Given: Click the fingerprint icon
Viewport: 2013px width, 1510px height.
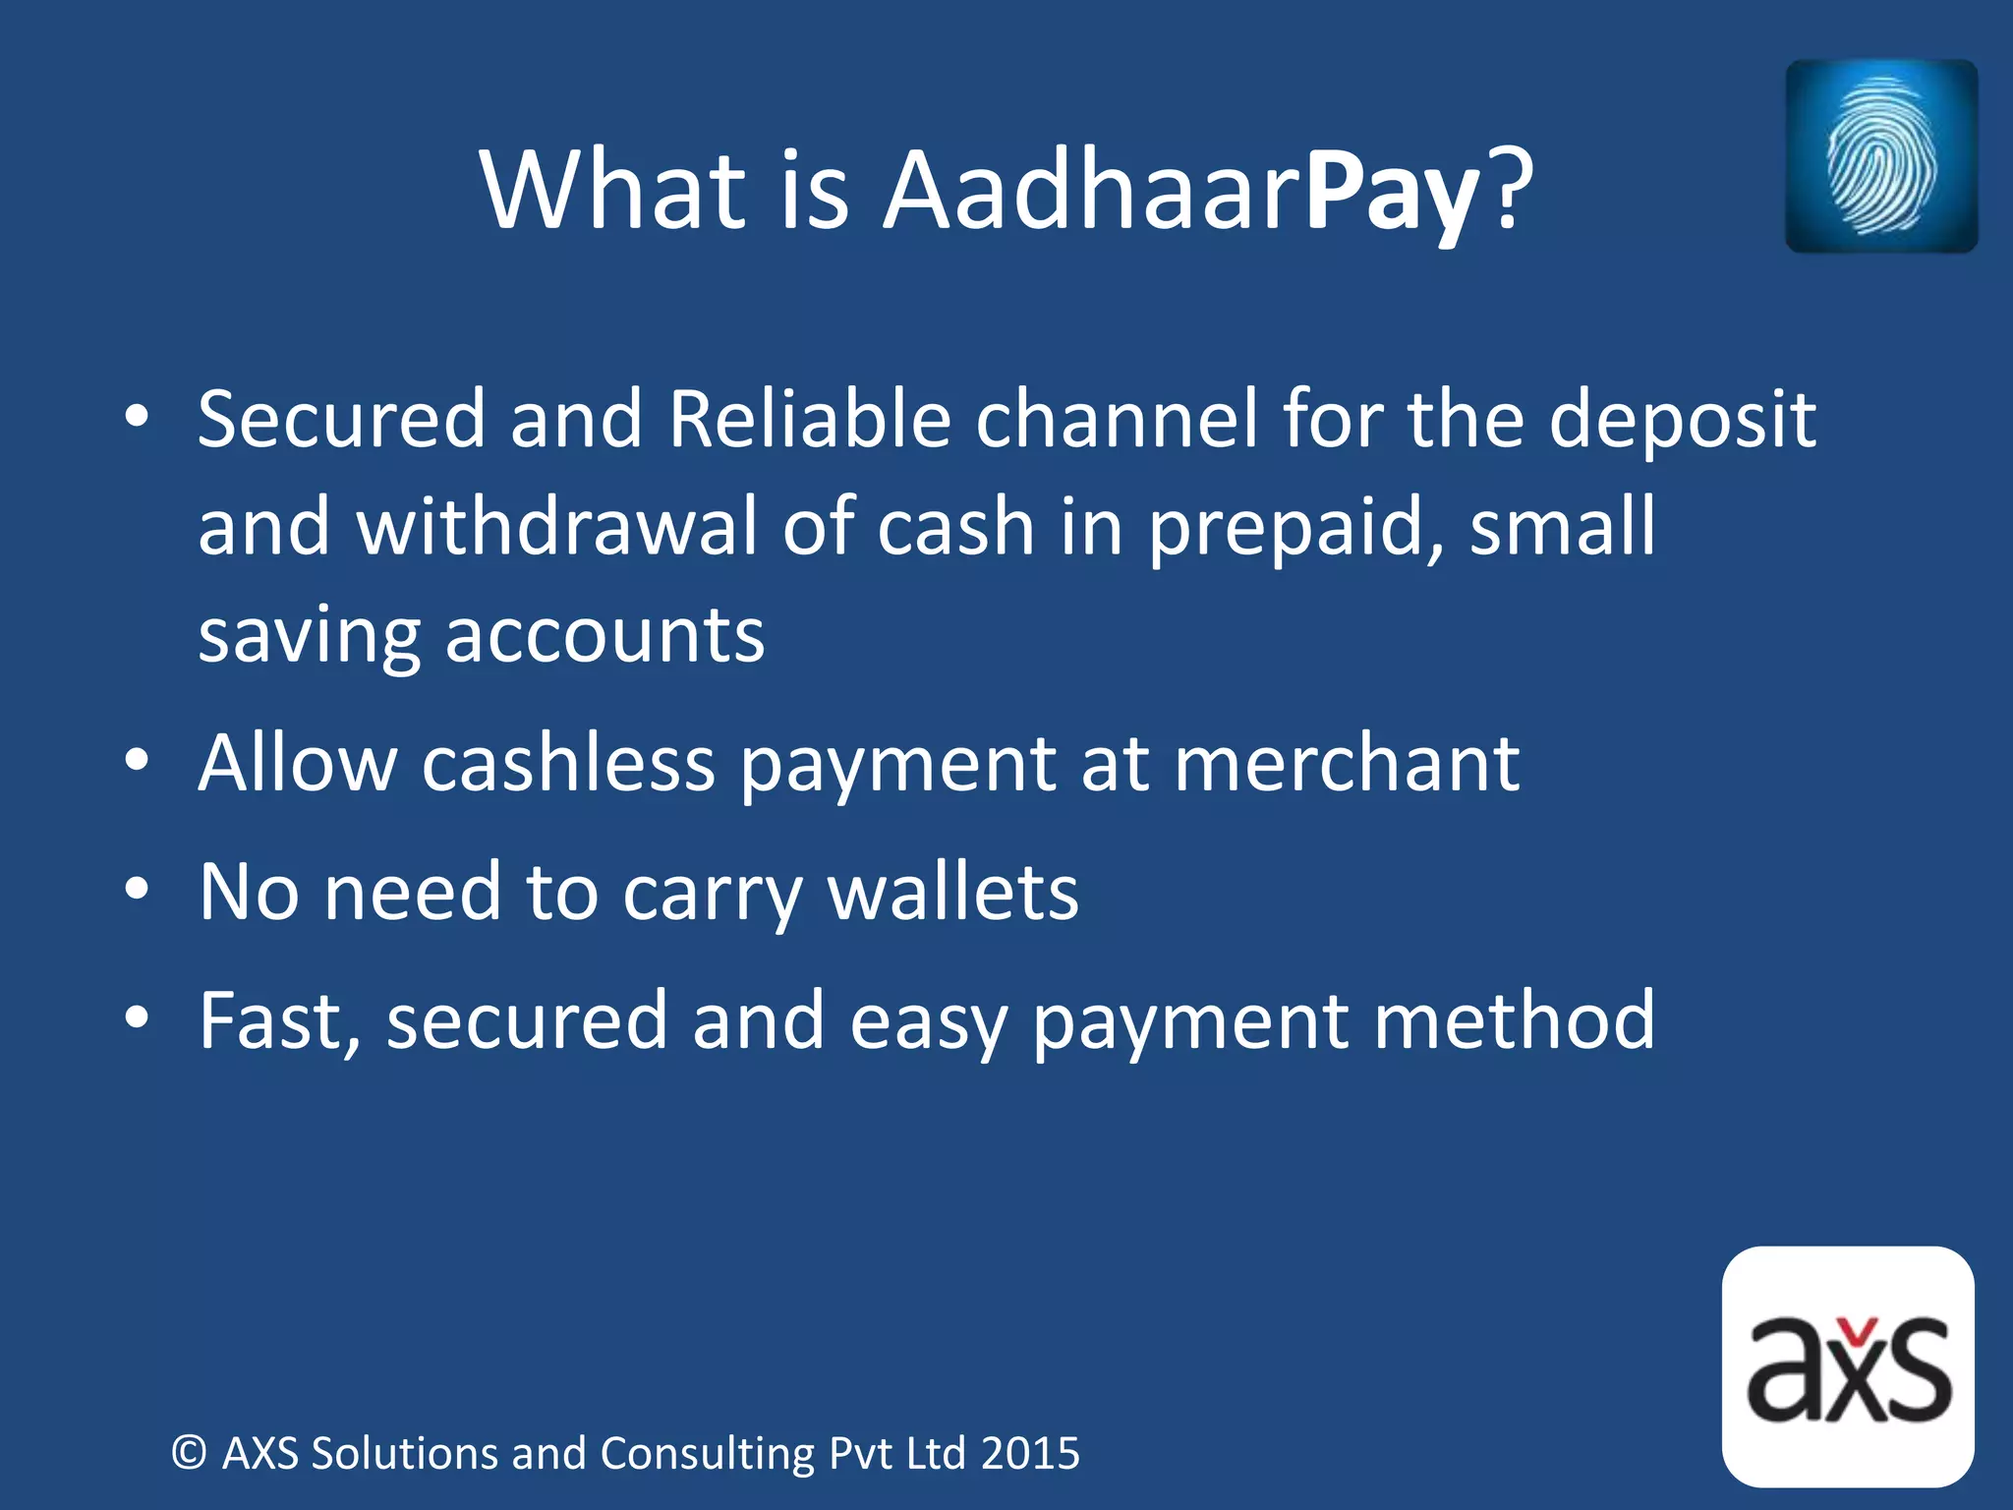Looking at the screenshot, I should click(1880, 156).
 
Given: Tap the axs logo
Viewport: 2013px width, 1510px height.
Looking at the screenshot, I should click(1848, 1367).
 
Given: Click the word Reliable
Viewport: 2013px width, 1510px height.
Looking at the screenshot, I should click(809, 420).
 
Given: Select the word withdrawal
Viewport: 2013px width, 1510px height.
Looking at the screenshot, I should click(557, 527).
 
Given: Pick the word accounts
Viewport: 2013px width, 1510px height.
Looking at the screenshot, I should click(604, 635).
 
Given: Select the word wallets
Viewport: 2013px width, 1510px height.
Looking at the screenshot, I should click(952, 893).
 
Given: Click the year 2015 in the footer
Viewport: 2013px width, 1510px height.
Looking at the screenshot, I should click(1030, 1453).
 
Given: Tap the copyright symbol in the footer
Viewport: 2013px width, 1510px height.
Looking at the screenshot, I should click(189, 1453).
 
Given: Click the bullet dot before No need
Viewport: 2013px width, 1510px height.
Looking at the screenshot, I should click(137, 890).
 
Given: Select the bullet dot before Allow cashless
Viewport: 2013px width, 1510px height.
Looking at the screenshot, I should click(137, 760).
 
